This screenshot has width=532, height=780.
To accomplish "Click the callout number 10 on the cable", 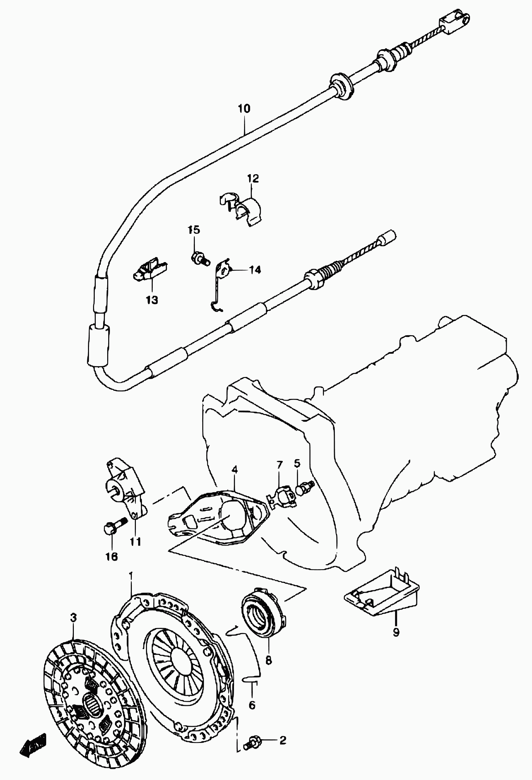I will [x=244, y=109].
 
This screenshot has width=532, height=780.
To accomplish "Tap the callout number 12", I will [x=253, y=178].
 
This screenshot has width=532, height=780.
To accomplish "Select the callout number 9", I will [x=396, y=632].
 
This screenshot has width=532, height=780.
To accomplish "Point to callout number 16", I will [x=112, y=557].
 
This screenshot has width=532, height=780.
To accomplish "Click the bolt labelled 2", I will [x=252, y=741].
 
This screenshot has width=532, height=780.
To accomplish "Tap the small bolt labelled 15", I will [x=199, y=259].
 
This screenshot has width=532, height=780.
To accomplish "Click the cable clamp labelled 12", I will [x=243, y=209].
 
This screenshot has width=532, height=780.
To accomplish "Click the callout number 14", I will [x=255, y=270].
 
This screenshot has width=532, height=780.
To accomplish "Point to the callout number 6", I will [x=252, y=705].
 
